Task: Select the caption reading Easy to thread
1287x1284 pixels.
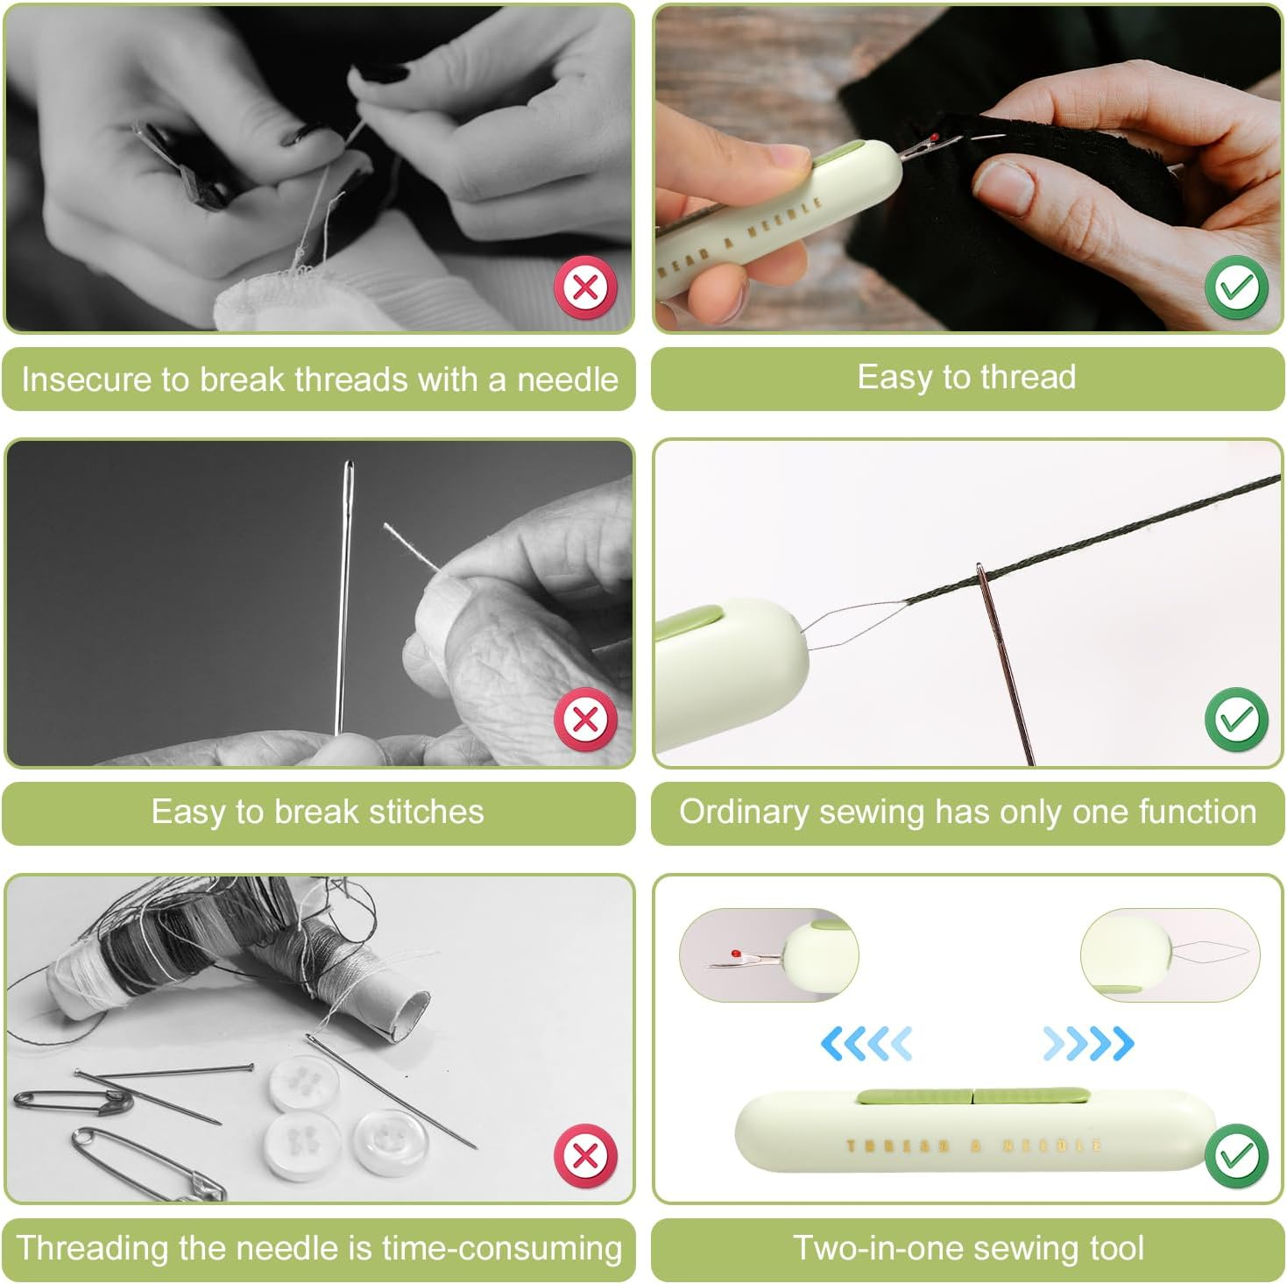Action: coord(966,378)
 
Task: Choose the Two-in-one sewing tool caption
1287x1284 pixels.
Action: coord(968,1247)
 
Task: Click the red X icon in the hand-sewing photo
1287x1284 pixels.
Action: coord(585,287)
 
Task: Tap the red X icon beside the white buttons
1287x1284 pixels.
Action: coord(585,1155)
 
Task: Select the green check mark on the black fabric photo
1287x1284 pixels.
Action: coord(1235,287)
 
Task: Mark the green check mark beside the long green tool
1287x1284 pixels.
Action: coord(1235,1155)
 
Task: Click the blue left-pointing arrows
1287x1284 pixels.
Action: coord(866,1043)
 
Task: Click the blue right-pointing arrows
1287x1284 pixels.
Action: coord(1088,1043)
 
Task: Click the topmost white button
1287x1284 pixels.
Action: coord(304,1083)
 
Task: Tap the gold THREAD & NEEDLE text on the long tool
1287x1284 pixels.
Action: coord(972,1146)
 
